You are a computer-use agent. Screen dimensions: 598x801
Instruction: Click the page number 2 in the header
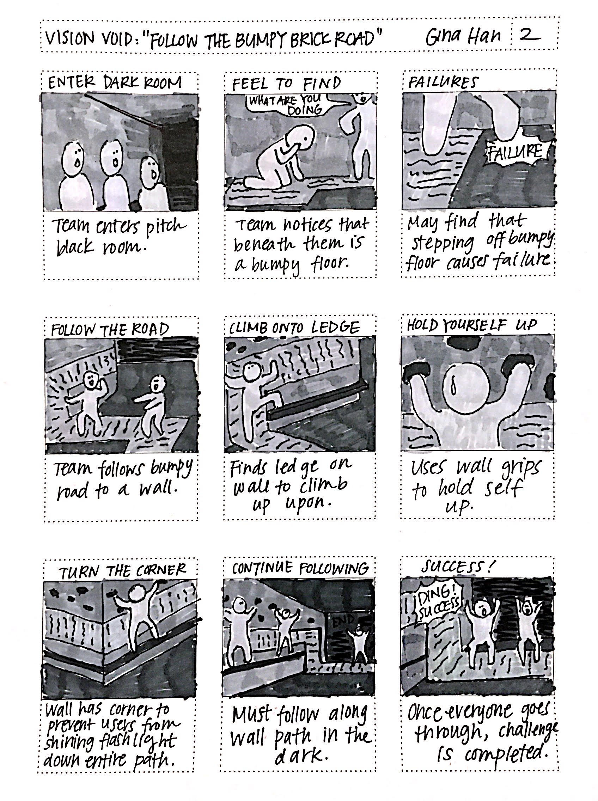530,36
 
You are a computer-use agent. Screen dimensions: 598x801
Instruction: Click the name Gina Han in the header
464,37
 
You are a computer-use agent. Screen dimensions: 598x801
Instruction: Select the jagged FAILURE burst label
515,152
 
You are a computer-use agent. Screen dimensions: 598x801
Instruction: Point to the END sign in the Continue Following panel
342,619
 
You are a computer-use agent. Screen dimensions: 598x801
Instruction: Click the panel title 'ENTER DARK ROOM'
115,83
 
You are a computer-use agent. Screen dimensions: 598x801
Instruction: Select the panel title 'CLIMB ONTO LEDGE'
294,328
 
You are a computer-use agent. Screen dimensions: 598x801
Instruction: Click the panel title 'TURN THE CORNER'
122,571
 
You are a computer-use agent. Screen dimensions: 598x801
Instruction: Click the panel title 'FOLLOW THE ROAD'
110,330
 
